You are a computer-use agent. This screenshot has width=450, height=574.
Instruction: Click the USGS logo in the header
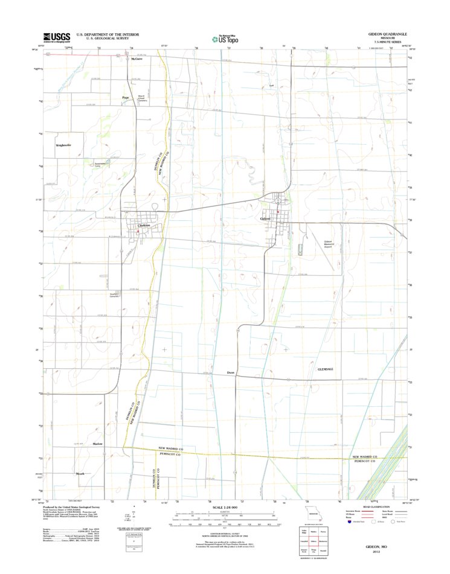point(56,37)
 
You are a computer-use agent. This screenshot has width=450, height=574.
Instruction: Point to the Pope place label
point(126,97)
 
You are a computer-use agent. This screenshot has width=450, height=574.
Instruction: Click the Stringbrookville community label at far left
point(63,145)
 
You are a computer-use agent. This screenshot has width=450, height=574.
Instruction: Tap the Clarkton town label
point(144,226)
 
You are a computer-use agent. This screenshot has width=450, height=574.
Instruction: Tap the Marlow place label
point(97,444)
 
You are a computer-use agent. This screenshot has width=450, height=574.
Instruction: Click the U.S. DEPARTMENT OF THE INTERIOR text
point(104,35)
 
